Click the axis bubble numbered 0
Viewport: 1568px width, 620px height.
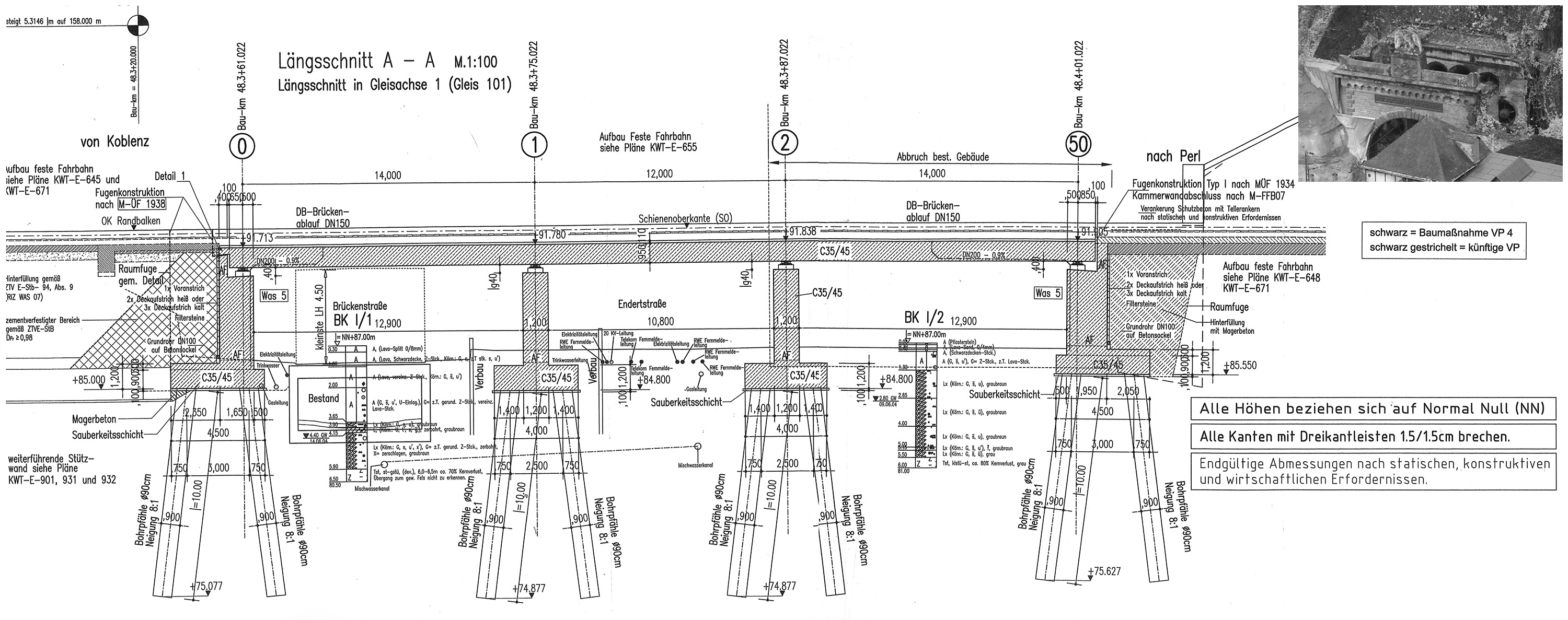click(x=243, y=147)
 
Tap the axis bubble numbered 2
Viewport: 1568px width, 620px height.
click(x=785, y=144)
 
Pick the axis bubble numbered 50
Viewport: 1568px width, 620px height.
click(x=1078, y=144)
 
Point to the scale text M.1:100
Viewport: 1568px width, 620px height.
click(x=476, y=62)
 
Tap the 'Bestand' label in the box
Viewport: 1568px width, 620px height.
click(x=323, y=399)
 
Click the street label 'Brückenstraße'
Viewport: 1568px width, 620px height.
click(x=360, y=307)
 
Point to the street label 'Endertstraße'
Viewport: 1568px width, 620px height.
click(x=642, y=303)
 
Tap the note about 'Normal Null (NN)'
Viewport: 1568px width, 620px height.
click(x=1372, y=409)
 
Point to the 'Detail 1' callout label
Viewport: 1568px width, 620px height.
click(x=174, y=177)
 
